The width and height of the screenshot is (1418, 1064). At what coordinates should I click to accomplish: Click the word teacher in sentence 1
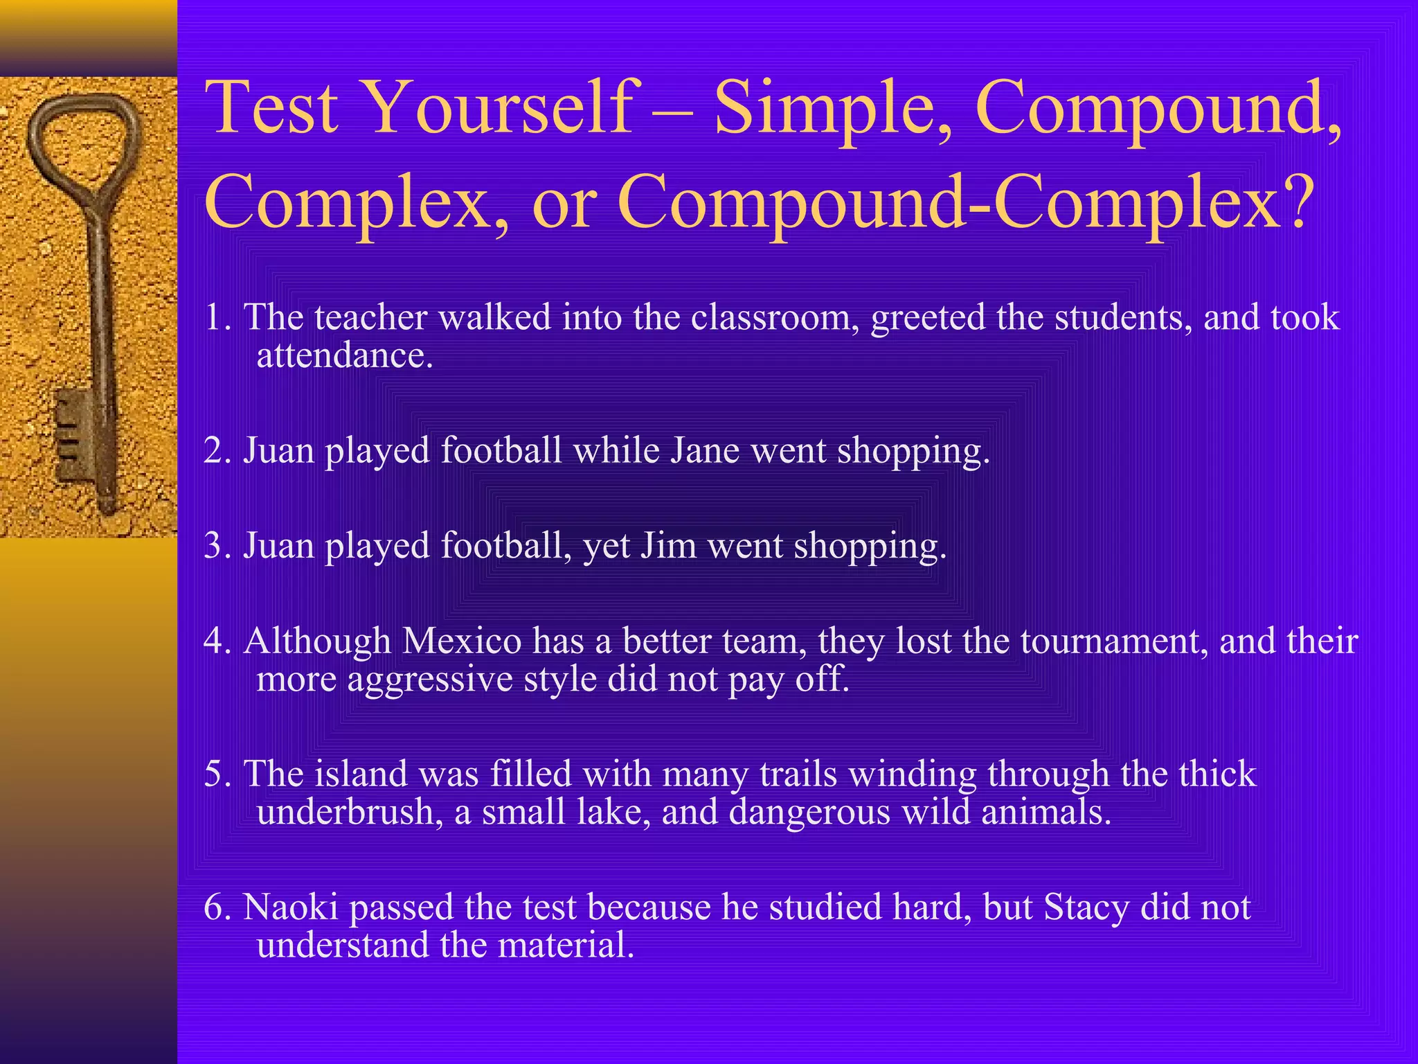point(371,317)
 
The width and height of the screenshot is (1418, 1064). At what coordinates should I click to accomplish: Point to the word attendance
point(344,356)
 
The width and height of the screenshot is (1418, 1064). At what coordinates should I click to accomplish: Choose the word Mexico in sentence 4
point(461,641)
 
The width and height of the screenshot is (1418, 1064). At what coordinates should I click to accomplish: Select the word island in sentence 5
point(361,774)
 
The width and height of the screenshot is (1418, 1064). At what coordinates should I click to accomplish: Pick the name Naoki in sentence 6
point(291,907)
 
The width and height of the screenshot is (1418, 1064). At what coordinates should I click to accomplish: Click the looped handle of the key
point(83,145)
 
